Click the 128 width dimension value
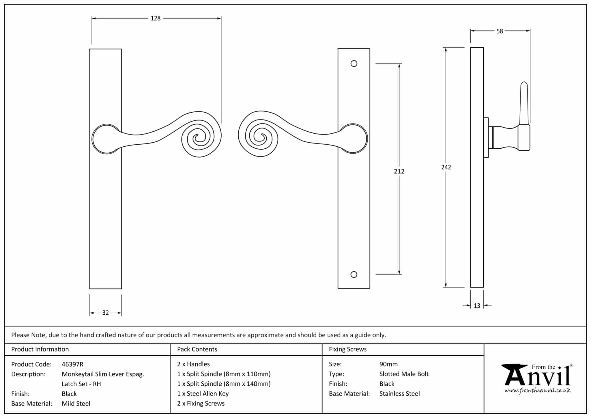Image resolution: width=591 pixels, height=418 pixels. click(x=156, y=18)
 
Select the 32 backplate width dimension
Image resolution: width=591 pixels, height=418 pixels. click(x=105, y=313)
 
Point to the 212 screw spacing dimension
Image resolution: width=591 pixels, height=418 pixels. click(x=399, y=171)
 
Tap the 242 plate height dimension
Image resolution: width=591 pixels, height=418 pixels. click(x=446, y=167)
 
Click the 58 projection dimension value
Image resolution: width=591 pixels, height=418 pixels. click(x=500, y=31)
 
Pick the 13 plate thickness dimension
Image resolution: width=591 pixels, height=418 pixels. click(x=477, y=306)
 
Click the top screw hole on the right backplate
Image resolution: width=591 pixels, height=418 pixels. click(x=354, y=64)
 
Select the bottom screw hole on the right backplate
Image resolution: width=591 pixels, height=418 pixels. click(x=354, y=275)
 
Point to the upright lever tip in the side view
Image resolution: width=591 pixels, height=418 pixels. click(x=524, y=87)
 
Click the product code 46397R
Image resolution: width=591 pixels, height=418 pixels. click(x=72, y=364)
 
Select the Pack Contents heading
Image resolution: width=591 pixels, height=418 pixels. click(x=197, y=349)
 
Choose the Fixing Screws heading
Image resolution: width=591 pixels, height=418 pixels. click(x=348, y=349)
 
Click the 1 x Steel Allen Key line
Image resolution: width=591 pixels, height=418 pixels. click(x=203, y=394)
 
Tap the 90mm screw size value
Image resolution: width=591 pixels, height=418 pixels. click(x=388, y=364)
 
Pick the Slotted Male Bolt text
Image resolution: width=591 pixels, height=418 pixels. click(x=404, y=374)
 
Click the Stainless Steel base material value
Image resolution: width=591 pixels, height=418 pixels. click(x=399, y=394)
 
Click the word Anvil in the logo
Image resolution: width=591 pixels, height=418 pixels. click(x=537, y=377)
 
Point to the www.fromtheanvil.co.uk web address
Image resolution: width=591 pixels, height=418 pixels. click(x=537, y=391)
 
